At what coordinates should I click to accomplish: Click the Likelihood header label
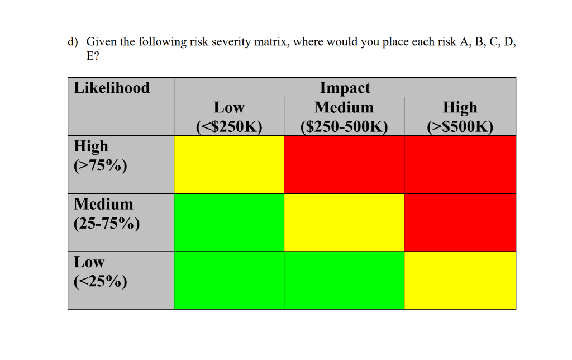point(112,88)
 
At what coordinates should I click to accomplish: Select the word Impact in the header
point(345,88)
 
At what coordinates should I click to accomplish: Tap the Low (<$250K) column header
point(229,116)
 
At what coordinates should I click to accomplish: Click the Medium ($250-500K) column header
point(344,116)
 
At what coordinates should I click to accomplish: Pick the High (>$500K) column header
point(460,116)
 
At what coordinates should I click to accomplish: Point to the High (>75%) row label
point(101,156)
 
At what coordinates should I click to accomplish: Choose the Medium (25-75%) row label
point(106,214)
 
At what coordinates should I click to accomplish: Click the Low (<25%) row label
point(101,271)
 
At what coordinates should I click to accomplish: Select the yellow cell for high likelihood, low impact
point(229,164)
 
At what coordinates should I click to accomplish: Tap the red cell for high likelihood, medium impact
point(344,164)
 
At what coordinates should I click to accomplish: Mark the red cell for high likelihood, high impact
point(460,164)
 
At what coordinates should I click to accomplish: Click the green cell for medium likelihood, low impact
point(229,222)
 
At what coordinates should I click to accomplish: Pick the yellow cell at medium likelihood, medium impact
point(344,222)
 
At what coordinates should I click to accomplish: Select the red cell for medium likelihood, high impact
point(460,222)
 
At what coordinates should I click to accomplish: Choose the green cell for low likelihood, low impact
point(229,280)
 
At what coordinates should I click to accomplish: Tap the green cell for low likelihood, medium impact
point(344,280)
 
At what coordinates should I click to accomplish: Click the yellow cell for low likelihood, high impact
point(460,280)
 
